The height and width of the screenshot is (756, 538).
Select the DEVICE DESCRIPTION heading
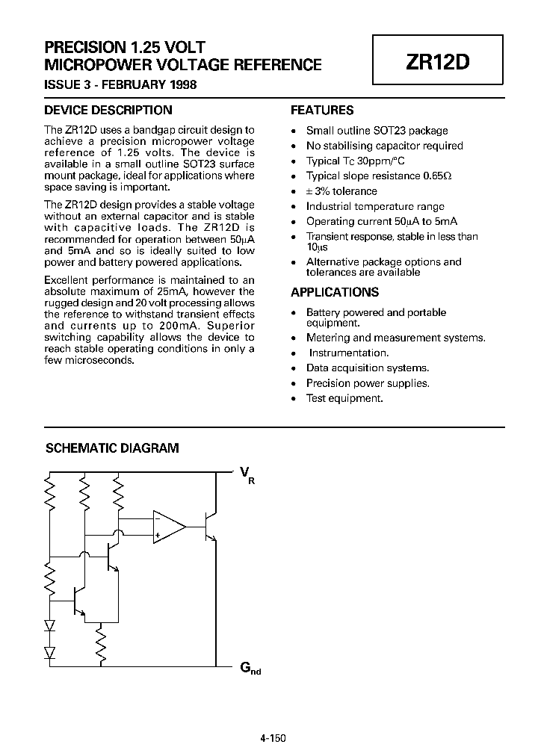coord(108,110)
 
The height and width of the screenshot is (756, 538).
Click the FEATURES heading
coord(322,110)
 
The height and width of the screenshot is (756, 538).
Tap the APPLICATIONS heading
coord(335,292)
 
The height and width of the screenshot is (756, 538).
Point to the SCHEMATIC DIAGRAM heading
coord(113,448)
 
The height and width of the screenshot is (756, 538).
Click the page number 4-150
coord(273,737)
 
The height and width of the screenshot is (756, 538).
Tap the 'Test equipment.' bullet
coord(344,398)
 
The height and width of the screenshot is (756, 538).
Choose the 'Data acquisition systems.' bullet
coord(368,368)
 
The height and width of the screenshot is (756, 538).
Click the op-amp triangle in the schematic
coord(167,526)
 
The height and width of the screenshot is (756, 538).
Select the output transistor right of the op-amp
coord(211,526)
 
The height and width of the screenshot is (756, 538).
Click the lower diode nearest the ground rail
coord(50,652)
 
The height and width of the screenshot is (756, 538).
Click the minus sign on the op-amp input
coord(158,518)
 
